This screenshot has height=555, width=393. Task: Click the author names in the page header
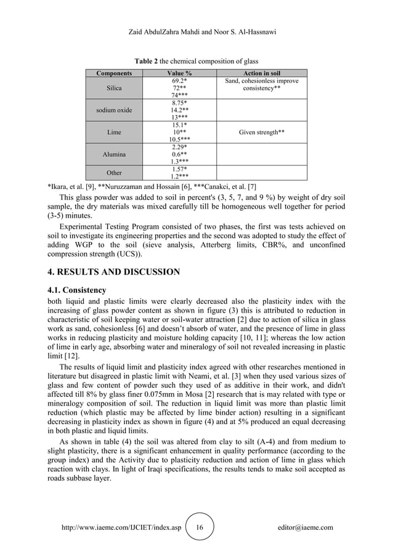[197, 28]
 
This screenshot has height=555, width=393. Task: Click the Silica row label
[114, 88]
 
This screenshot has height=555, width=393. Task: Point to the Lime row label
[114, 132]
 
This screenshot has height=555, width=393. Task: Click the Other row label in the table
[114, 173]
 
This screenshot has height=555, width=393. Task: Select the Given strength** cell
[264, 132]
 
